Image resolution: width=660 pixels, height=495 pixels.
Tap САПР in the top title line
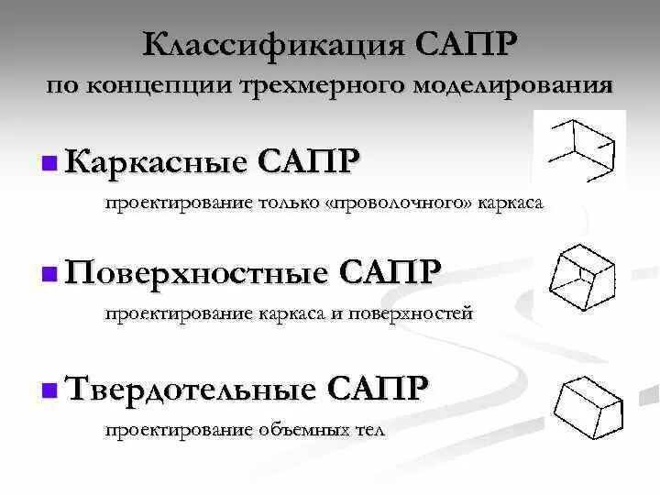click(467, 43)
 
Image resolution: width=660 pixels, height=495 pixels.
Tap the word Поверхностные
click(196, 272)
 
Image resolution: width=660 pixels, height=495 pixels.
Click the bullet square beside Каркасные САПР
click(49, 164)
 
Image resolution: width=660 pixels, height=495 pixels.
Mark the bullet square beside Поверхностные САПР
click(49, 274)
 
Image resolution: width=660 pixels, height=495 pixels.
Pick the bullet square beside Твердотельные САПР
click(49, 390)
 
